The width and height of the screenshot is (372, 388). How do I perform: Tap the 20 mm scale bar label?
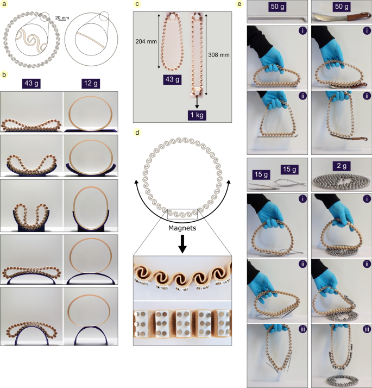(x=62, y=18)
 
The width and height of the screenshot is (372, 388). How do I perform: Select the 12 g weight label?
(x=91, y=84)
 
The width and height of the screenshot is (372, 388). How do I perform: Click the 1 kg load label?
(x=197, y=115)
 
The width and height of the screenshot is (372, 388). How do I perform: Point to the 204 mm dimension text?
(x=146, y=41)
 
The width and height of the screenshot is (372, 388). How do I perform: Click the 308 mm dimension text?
(x=219, y=55)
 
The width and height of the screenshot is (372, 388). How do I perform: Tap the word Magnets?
(x=182, y=228)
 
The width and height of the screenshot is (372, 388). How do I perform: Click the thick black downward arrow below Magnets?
(x=182, y=244)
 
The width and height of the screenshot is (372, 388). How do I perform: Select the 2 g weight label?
(x=342, y=166)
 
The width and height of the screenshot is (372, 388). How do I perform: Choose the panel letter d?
(x=137, y=133)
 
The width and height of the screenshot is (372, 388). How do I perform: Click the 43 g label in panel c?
(x=172, y=80)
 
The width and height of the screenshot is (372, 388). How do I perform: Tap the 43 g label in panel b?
(x=31, y=84)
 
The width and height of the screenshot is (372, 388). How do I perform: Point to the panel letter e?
(x=239, y=4)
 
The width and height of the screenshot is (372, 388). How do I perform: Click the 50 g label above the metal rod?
(x=278, y=7)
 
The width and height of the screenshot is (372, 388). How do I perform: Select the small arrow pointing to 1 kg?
(x=197, y=102)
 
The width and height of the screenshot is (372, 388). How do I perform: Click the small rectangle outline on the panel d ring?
(x=182, y=214)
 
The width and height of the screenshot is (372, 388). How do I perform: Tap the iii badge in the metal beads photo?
(x=367, y=329)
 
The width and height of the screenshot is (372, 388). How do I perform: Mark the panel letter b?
(x=4, y=74)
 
